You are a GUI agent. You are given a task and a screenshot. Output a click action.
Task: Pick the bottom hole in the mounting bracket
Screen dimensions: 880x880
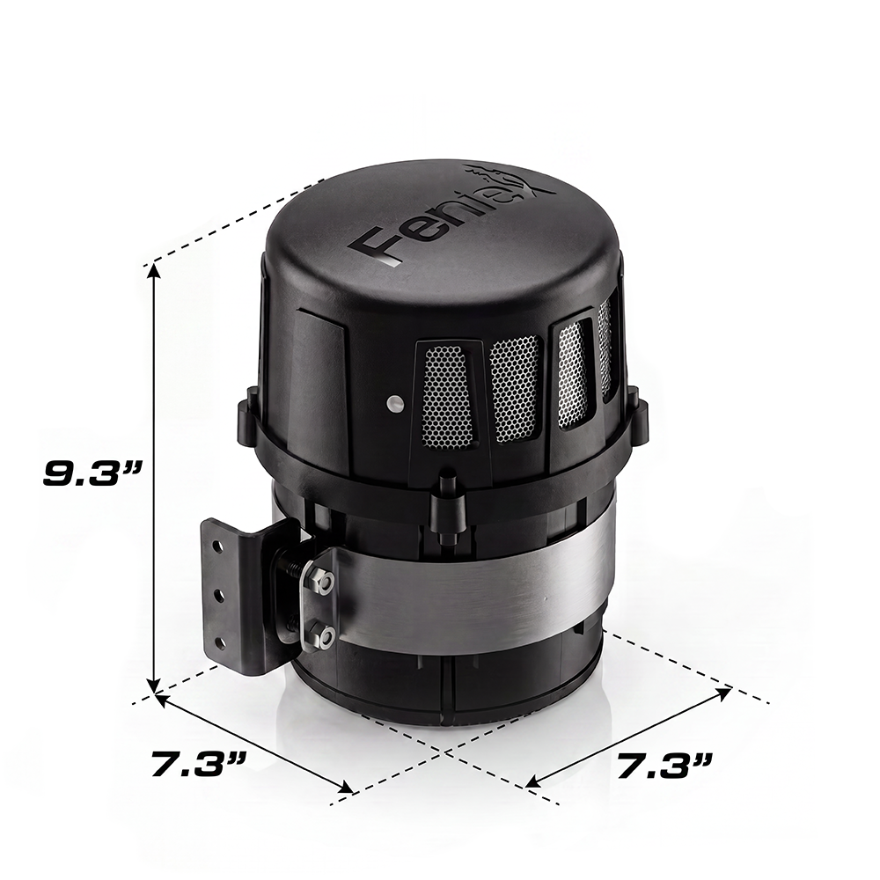[222, 643]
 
